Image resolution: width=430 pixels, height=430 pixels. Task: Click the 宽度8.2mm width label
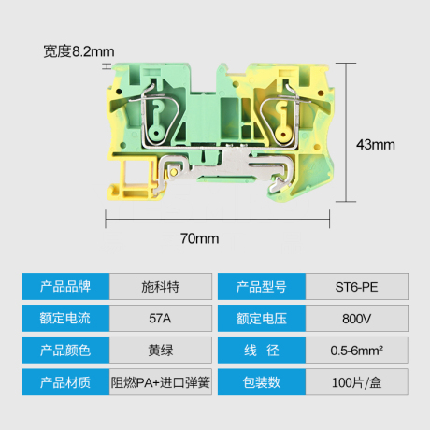point(79,51)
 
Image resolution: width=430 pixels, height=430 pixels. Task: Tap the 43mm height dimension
point(376,145)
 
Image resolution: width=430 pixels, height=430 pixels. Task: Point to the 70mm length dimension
point(200,238)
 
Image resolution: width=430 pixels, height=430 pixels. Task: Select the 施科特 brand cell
point(161,287)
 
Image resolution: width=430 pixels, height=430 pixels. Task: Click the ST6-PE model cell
point(357,287)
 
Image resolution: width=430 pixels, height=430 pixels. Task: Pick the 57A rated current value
point(161,318)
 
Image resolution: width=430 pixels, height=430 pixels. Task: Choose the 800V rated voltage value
point(357,318)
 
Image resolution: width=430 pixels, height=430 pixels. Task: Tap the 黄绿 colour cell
point(161,350)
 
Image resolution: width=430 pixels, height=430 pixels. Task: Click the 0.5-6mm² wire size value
point(357,350)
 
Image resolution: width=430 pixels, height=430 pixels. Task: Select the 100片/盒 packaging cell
point(357,382)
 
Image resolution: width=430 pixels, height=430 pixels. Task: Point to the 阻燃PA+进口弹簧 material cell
point(161,382)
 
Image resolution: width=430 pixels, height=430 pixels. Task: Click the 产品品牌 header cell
point(65,287)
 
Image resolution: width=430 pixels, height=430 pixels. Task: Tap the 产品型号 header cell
point(262,287)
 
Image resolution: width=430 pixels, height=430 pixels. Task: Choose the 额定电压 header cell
point(262,318)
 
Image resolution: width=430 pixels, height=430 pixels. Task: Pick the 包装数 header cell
point(262,382)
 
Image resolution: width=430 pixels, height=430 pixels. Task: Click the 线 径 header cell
point(262,350)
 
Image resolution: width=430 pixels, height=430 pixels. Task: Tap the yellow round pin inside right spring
point(283,135)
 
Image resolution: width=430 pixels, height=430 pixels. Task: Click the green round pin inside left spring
point(156,134)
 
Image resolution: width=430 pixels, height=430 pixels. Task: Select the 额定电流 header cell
point(65,318)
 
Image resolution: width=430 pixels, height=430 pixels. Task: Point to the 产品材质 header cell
point(65,382)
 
